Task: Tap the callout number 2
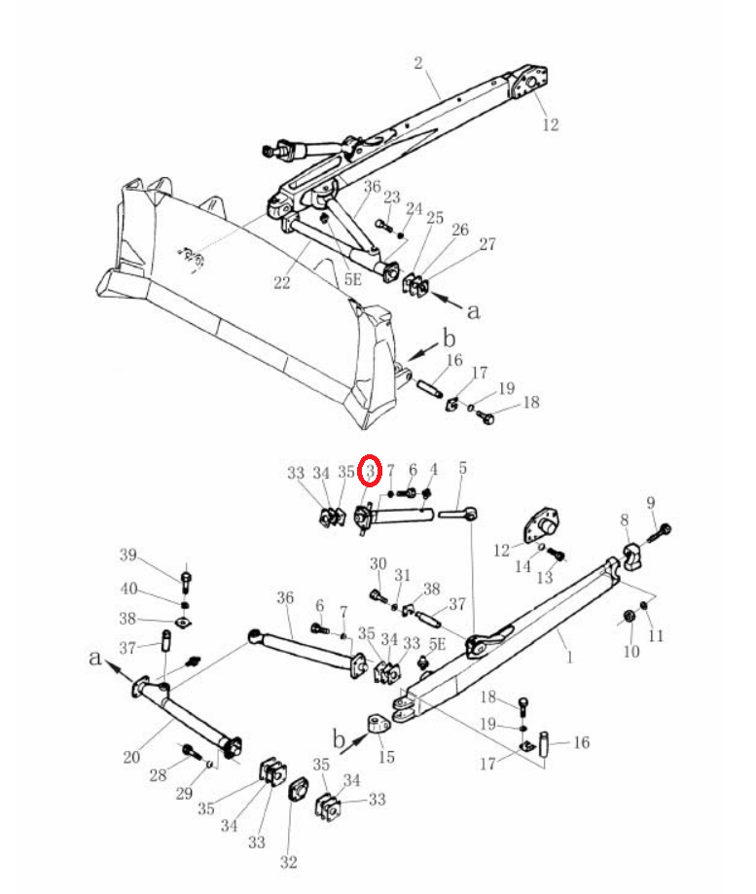[418, 62]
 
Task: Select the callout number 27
[487, 244]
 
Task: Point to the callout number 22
[281, 282]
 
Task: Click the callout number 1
[569, 657]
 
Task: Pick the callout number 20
[131, 757]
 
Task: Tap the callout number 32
[289, 862]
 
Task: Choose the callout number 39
[128, 554]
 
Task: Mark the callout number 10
[631, 651]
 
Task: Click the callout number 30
[378, 563]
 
